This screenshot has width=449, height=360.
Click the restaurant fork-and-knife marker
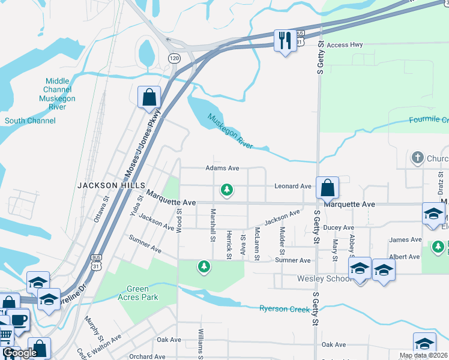pyautogui.click(x=283, y=41)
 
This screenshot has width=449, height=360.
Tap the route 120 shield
pyautogui.click(x=174, y=58)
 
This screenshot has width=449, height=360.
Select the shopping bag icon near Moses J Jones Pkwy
pyautogui.click(x=149, y=97)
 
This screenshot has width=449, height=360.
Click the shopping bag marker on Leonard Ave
pyautogui.click(x=327, y=188)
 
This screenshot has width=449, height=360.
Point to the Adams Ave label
pyautogui.click(x=223, y=169)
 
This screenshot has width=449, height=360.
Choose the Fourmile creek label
pyautogui.click(x=429, y=119)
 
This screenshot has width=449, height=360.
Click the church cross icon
pyautogui.click(x=417, y=158)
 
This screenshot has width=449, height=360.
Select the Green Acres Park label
pyautogui.click(x=137, y=293)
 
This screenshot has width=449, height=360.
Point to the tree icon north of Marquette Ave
pyautogui.click(x=227, y=190)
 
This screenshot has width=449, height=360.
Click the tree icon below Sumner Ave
pyautogui.click(x=204, y=266)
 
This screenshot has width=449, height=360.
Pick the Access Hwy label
pyautogui.click(x=346, y=45)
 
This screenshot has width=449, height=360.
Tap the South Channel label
pyautogui.click(x=30, y=121)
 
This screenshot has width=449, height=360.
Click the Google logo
pyautogui.click(x=20, y=353)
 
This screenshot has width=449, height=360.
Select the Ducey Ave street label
pyautogui.click(x=339, y=228)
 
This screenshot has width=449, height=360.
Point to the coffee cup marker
pyautogui.click(x=19, y=320)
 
